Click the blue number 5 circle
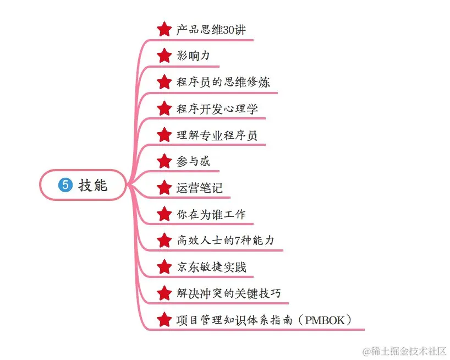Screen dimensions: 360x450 (x=65, y=186)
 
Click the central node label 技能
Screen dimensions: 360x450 (x=93, y=186)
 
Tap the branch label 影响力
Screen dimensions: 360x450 (x=193, y=56)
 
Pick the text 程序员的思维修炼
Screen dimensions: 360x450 (x=223, y=83)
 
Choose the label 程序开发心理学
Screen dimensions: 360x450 (x=217, y=108)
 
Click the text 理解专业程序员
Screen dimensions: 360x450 (x=217, y=135)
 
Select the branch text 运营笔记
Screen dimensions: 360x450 (x=199, y=188)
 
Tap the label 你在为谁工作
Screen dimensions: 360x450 (x=211, y=214)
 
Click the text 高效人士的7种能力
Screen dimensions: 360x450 (x=225, y=241)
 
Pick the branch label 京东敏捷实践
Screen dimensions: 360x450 (x=211, y=267)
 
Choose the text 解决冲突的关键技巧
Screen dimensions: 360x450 (x=228, y=293)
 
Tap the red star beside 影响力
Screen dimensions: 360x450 (x=164, y=56)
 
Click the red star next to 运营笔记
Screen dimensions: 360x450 (x=164, y=188)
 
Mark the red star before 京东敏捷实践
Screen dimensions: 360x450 (x=164, y=267)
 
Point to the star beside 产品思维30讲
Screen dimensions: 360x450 (x=164, y=30)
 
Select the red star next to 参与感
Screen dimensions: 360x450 (x=164, y=161)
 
